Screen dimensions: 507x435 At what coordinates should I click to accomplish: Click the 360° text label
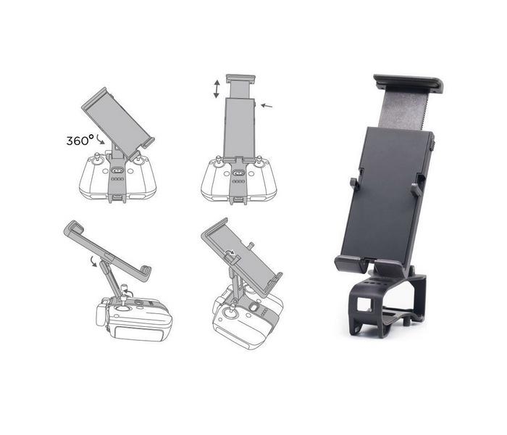[x=80, y=141]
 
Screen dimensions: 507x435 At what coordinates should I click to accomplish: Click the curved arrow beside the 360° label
[x=100, y=139]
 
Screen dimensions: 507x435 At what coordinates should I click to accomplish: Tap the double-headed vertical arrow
[x=217, y=89]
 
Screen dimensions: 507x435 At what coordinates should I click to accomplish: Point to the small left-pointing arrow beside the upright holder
[x=267, y=105]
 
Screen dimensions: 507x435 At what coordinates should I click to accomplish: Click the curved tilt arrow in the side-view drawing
[x=93, y=261]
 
